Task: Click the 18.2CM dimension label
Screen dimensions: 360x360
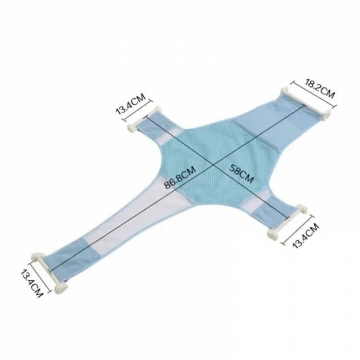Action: coord(319,88)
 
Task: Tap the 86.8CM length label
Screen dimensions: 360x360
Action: coord(180,177)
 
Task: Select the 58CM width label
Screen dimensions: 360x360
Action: coord(241,174)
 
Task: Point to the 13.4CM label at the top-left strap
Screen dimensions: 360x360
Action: coord(131,103)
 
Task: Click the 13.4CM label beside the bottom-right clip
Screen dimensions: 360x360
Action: coord(306,236)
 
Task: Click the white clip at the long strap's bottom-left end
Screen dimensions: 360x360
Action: coord(49,271)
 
